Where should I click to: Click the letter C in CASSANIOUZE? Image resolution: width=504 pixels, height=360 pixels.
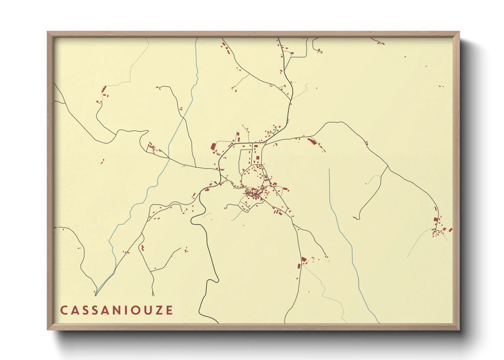[x=64, y=310]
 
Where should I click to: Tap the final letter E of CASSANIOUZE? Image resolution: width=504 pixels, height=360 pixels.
[x=169, y=310]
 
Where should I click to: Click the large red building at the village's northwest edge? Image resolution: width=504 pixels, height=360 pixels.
[x=213, y=147]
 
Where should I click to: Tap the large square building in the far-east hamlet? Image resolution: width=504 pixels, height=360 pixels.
[x=436, y=219]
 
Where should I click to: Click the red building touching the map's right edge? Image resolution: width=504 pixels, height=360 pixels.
[x=450, y=230]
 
